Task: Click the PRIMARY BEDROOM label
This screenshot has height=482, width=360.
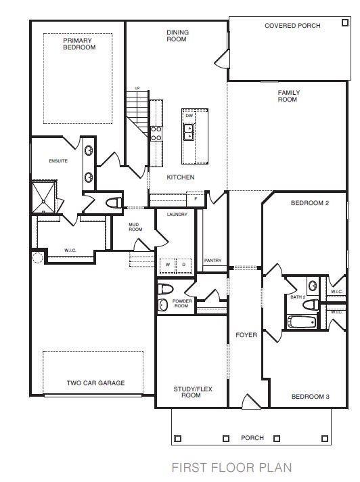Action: [x=79, y=44]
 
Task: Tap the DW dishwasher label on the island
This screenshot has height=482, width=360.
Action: [x=189, y=116]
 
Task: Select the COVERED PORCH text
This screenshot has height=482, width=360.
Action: [x=292, y=26]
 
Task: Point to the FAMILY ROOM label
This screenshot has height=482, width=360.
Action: [x=288, y=96]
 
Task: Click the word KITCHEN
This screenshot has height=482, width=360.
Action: [x=181, y=177]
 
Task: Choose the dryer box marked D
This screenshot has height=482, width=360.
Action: [x=183, y=265]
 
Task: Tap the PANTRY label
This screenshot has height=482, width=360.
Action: [x=212, y=260]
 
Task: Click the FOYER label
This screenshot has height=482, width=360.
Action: [x=246, y=335]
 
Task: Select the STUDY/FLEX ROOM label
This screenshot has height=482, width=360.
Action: [x=191, y=391]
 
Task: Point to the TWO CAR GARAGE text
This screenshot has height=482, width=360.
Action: [x=95, y=383]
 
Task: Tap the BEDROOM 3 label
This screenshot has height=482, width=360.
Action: [x=310, y=396]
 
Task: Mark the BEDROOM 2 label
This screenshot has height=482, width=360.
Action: [x=309, y=204]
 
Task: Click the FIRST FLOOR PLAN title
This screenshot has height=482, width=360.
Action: [x=231, y=467]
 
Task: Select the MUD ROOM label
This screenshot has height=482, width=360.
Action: [x=136, y=227]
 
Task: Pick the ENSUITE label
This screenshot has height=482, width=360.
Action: [x=58, y=161]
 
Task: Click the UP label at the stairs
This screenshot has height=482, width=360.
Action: [x=137, y=88]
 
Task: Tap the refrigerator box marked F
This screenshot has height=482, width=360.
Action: [x=196, y=199]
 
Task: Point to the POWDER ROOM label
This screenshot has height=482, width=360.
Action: [x=182, y=303]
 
